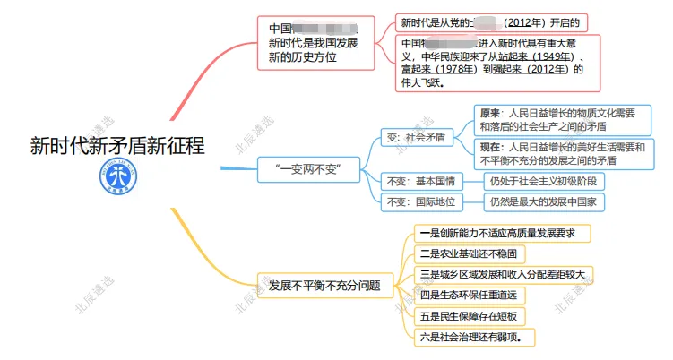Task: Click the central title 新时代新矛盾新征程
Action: [x=116, y=146]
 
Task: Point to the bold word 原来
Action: [x=491, y=114]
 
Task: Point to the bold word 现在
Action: [x=491, y=146]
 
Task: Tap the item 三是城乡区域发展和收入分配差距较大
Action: [x=506, y=274]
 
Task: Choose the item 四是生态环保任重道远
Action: [x=469, y=295]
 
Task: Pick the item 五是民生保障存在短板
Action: [x=469, y=316]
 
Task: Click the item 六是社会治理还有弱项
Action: [x=471, y=338]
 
